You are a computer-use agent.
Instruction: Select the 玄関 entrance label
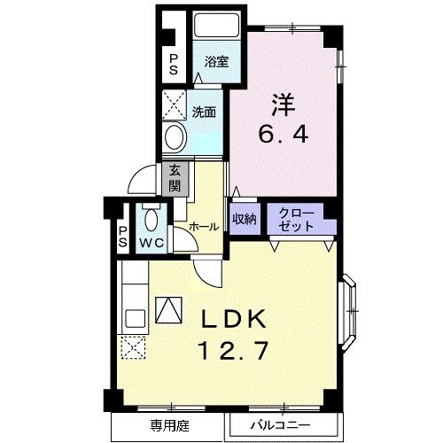click(175, 178)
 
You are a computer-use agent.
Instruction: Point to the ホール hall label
click(204, 227)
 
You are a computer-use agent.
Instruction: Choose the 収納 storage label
click(245, 219)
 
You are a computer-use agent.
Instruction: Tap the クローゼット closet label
click(294, 219)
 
